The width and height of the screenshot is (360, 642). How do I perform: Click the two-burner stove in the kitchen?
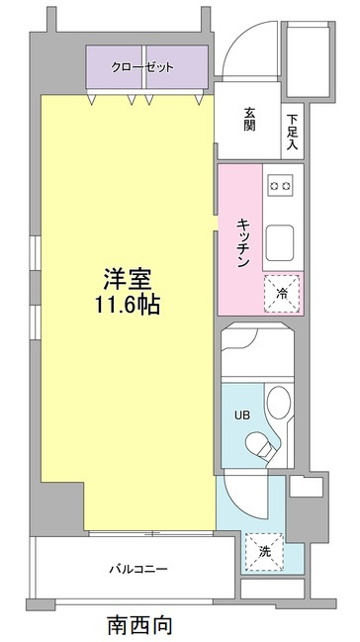point(279,184)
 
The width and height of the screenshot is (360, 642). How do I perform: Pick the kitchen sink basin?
point(279,239)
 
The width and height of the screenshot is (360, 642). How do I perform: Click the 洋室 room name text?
point(126,278)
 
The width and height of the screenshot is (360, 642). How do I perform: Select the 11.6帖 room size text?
point(126,305)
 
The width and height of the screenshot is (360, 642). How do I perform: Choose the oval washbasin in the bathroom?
point(280,403)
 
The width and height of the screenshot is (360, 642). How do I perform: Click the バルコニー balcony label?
point(137,569)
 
